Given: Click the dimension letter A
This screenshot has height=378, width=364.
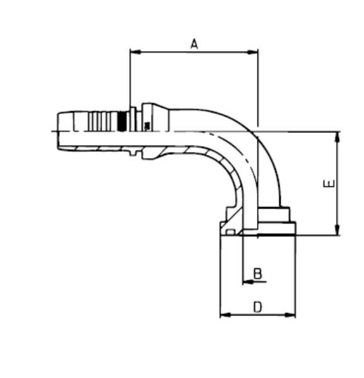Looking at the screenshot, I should click(x=194, y=43).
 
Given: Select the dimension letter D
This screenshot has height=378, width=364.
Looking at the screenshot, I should click(x=257, y=307).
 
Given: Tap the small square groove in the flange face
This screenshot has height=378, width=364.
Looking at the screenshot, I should click(x=230, y=232).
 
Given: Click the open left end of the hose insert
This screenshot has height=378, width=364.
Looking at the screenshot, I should click(x=57, y=130).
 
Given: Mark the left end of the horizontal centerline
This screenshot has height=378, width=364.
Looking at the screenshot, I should click(x=52, y=131).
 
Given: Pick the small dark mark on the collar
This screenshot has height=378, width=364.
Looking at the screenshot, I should click(x=147, y=126).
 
